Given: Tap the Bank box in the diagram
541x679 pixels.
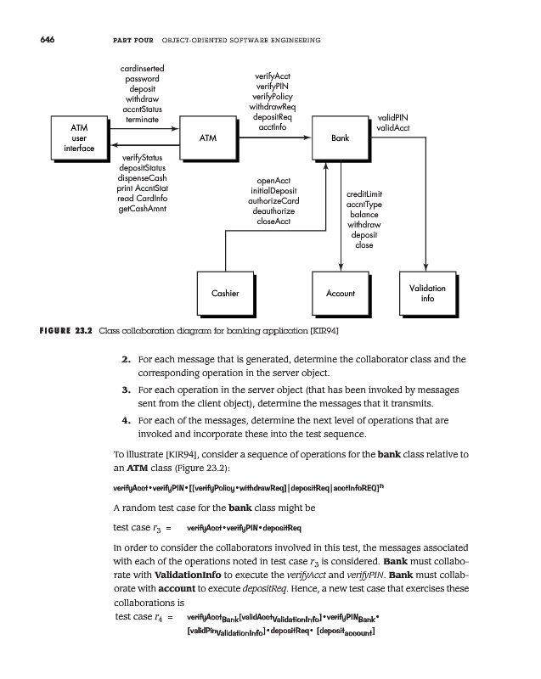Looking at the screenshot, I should (x=339, y=137).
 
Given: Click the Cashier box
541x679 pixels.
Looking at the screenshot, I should (x=224, y=293).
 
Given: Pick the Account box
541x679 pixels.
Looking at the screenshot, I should (x=340, y=293).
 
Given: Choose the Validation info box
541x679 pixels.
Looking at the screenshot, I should (x=427, y=293).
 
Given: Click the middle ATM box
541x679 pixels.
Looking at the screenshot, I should (x=207, y=137).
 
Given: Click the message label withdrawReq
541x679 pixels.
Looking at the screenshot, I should (x=272, y=108).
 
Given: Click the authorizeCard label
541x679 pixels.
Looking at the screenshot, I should (x=273, y=201).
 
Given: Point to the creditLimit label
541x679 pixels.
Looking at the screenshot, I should (x=364, y=194).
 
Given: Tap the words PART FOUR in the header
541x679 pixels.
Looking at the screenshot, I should (x=132, y=41).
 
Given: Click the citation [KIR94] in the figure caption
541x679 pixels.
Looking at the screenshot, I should (x=323, y=330).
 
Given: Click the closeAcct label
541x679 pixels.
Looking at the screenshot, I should (x=273, y=222).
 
